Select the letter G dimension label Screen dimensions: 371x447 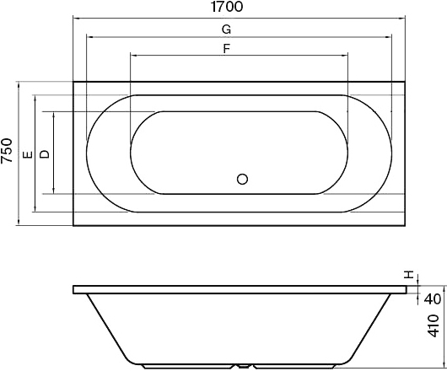(x=225, y=29)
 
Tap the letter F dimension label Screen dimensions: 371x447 (x=225, y=48)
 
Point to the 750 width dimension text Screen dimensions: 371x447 (x=8, y=153)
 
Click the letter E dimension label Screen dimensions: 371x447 (x=27, y=154)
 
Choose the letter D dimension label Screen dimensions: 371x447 (x=45, y=154)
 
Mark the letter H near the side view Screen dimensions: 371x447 (x=409, y=275)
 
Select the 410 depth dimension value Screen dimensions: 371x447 (x=433, y=325)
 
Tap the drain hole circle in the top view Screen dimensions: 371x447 (x=243, y=179)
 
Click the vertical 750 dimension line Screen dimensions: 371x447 (x=19, y=185)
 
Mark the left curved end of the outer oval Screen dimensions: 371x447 (x=87, y=153)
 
